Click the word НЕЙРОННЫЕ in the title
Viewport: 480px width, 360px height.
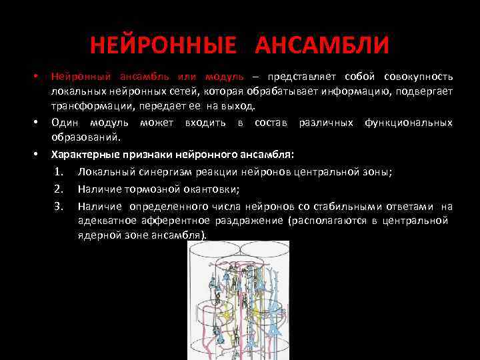[163, 46]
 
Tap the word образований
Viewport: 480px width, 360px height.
[85, 137]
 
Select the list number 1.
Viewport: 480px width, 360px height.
[59, 172]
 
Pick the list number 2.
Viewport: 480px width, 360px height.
[59, 189]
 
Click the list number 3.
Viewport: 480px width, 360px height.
[59, 206]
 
